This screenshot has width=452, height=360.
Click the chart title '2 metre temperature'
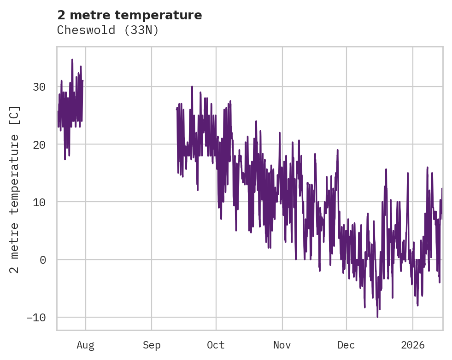[x=129, y=15]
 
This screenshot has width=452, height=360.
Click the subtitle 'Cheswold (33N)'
[x=108, y=30]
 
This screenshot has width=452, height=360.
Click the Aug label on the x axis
[x=86, y=345]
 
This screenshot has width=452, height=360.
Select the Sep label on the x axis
[x=152, y=345]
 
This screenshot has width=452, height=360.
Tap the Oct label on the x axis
[x=216, y=345]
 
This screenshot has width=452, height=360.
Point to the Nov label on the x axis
[x=282, y=345]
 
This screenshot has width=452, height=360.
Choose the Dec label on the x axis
[x=346, y=345]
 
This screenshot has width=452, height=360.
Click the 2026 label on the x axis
[x=413, y=345]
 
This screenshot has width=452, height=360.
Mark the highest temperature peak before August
[x=72, y=59]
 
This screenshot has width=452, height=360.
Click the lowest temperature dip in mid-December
[x=377, y=317]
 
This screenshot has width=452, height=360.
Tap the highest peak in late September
[x=192, y=87]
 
